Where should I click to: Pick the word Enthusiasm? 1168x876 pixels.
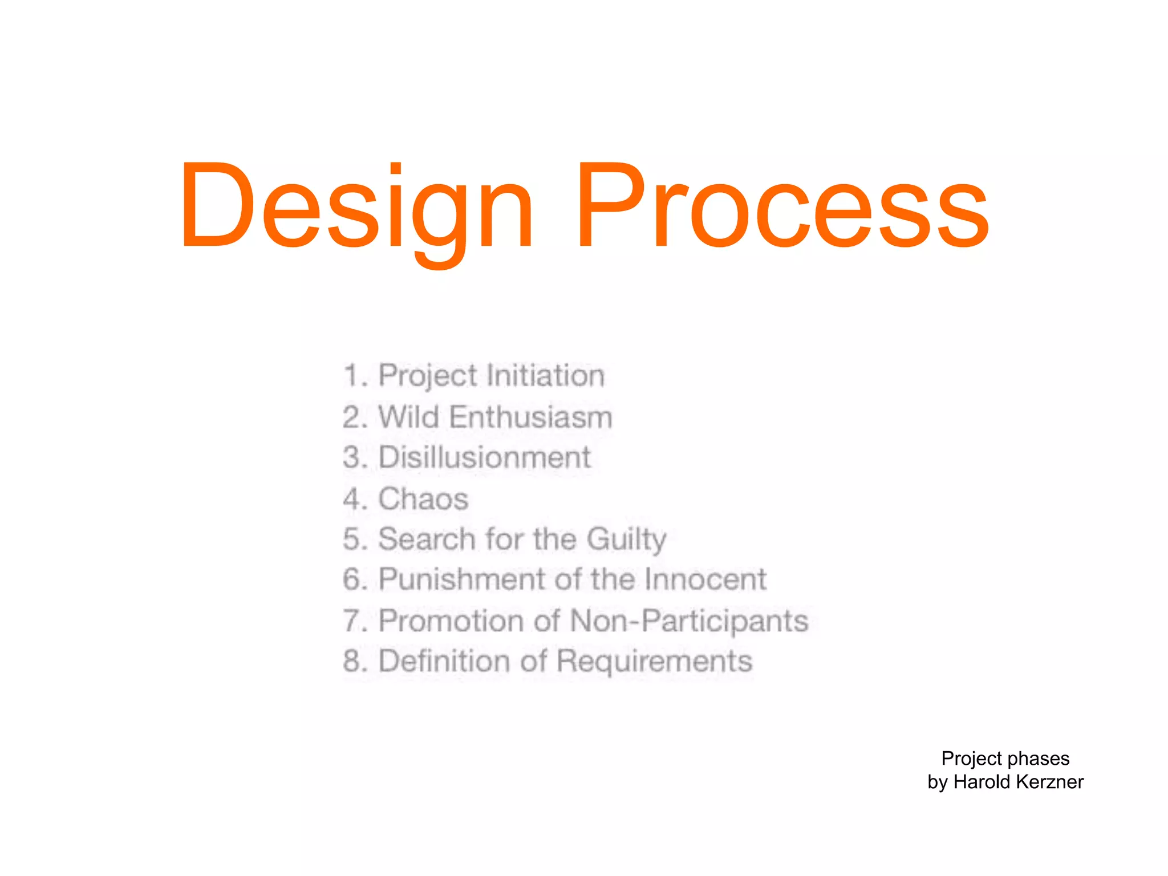coord(530,417)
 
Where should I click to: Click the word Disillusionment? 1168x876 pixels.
coord(485,457)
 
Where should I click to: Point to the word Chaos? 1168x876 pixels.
coord(424,499)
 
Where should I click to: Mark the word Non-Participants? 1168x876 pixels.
coord(689,620)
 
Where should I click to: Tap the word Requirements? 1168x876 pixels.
coord(654,662)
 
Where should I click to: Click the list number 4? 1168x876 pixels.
coord(352,499)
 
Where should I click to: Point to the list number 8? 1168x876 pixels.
coord(352,661)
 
